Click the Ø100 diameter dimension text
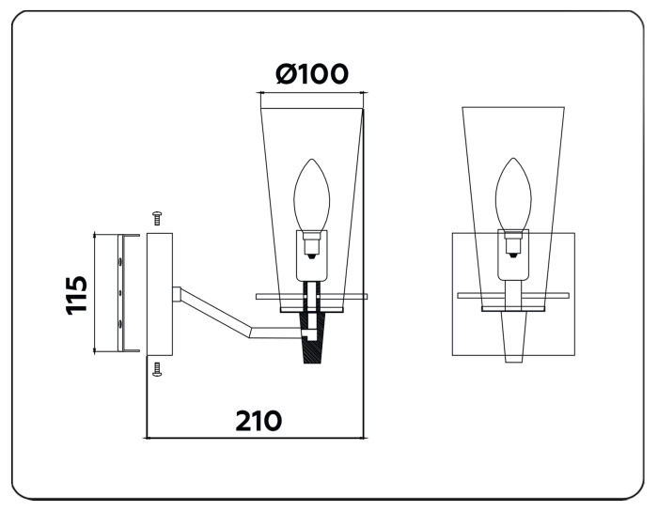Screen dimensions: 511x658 (x=312, y=74)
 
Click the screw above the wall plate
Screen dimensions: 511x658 (x=158, y=219)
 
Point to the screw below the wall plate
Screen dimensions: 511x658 (x=158, y=369)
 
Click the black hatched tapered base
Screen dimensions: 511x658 (x=311, y=339)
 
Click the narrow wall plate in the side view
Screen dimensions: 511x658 (x=159, y=293)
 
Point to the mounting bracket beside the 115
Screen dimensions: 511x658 (x=119, y=293)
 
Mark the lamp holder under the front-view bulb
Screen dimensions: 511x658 (x=513, y=246)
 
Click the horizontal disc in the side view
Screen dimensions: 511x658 (x=311, y=296)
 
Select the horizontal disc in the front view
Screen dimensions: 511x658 (x=513, y=296)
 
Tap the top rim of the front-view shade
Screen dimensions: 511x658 (x=513, y=106)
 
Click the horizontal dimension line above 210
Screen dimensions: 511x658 (x=256, y=437)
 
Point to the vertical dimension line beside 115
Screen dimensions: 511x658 (x=95, y=293)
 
